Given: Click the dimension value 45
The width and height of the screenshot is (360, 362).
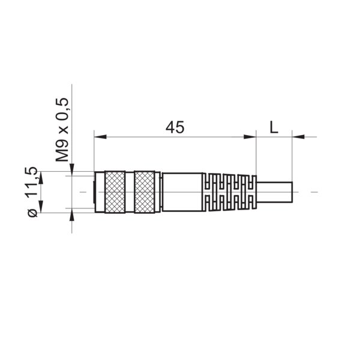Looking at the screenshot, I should (x=175, y=127).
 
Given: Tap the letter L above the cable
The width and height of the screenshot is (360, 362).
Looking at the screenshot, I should (x=274, y=127).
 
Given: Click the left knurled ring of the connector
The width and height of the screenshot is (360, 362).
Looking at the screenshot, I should (x=115, y=192).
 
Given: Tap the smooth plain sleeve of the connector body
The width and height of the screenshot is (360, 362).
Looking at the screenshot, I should (x=182, y=192).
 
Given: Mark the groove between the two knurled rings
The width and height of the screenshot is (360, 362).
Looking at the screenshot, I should (x=130, y=192).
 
